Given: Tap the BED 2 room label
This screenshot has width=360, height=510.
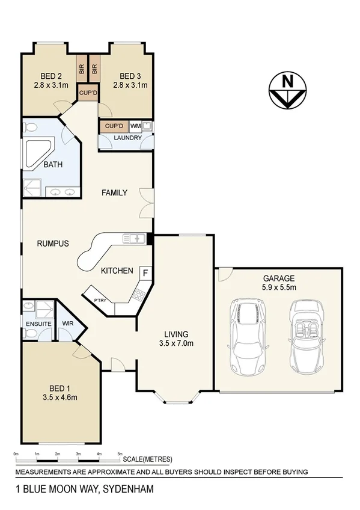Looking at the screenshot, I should pyautogui.click(x=52, y=76).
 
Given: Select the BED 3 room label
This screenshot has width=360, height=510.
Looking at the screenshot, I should pyautogui.click(x=130, y=76).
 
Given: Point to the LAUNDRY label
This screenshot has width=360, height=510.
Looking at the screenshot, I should pyautogui.click(x=127, y=138).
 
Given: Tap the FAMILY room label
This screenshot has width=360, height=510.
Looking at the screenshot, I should pyautogui.click(x=114, y=193).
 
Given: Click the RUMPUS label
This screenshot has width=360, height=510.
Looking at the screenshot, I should pyautogui.click(x=53, y=244).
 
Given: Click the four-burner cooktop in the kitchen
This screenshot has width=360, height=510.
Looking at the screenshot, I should pyautogui.click(x=138, y=295).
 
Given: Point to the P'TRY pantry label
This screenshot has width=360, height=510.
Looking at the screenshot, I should pyautogui.click(x=100, y=301).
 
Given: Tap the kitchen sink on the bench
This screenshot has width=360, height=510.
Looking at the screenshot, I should pyautogui.click(x=133, y=239).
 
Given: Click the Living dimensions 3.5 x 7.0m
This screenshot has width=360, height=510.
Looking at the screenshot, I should pyautogui.click(x=176, y=343).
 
